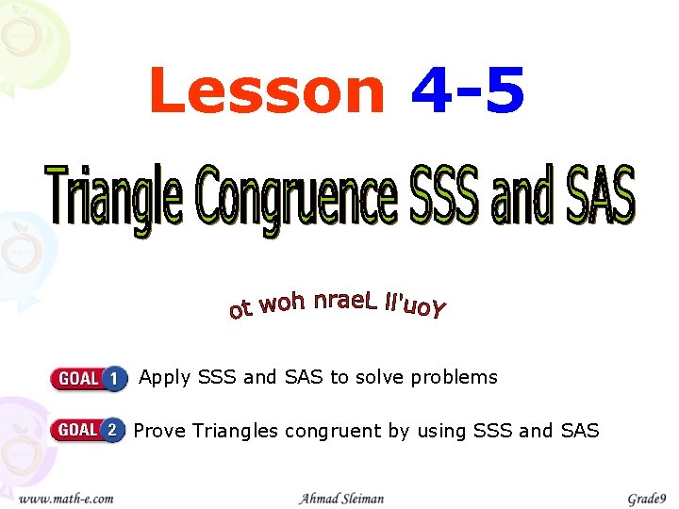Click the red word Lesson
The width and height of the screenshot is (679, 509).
(x=267, y=91)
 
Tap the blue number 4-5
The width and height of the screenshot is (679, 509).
(x=468, y=91)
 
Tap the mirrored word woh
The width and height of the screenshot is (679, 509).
(x=282, y=304)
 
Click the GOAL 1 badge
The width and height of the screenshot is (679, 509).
(x=89, y=378)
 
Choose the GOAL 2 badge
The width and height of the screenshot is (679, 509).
(x=88, y=431)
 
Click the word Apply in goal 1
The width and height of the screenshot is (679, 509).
(x=164, y=378)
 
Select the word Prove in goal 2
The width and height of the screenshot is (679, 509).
(x=159, y=431)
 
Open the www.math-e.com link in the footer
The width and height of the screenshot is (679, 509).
(x=67, y=498)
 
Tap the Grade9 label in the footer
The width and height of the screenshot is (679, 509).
(x=646, y=498)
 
